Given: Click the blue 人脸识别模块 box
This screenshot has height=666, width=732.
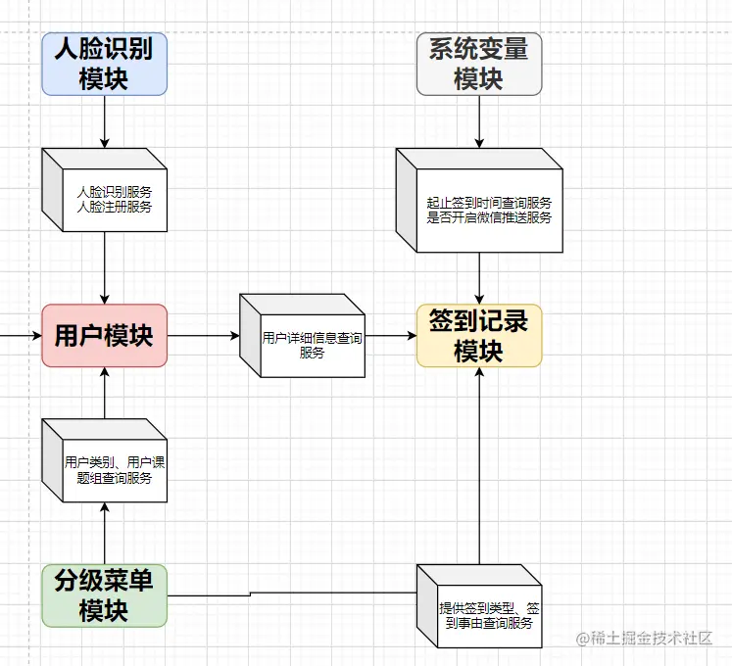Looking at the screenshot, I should coord(104,64).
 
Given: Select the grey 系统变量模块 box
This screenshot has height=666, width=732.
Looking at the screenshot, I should coord(479,64).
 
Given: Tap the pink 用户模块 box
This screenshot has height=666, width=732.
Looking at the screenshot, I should coord(104,335).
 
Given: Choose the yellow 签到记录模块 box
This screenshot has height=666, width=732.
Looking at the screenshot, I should coord(479,335).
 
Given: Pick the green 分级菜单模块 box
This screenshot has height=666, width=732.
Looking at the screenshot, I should coord(104,595).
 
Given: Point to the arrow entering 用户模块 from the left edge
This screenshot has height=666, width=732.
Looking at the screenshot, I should coord(20,335).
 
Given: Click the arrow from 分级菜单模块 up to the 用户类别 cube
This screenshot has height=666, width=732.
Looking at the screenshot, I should coord(104,533).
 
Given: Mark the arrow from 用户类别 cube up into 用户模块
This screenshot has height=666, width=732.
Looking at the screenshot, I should coord(104,392).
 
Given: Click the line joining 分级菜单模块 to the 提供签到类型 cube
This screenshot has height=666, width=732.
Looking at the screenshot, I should coord(294,593).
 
